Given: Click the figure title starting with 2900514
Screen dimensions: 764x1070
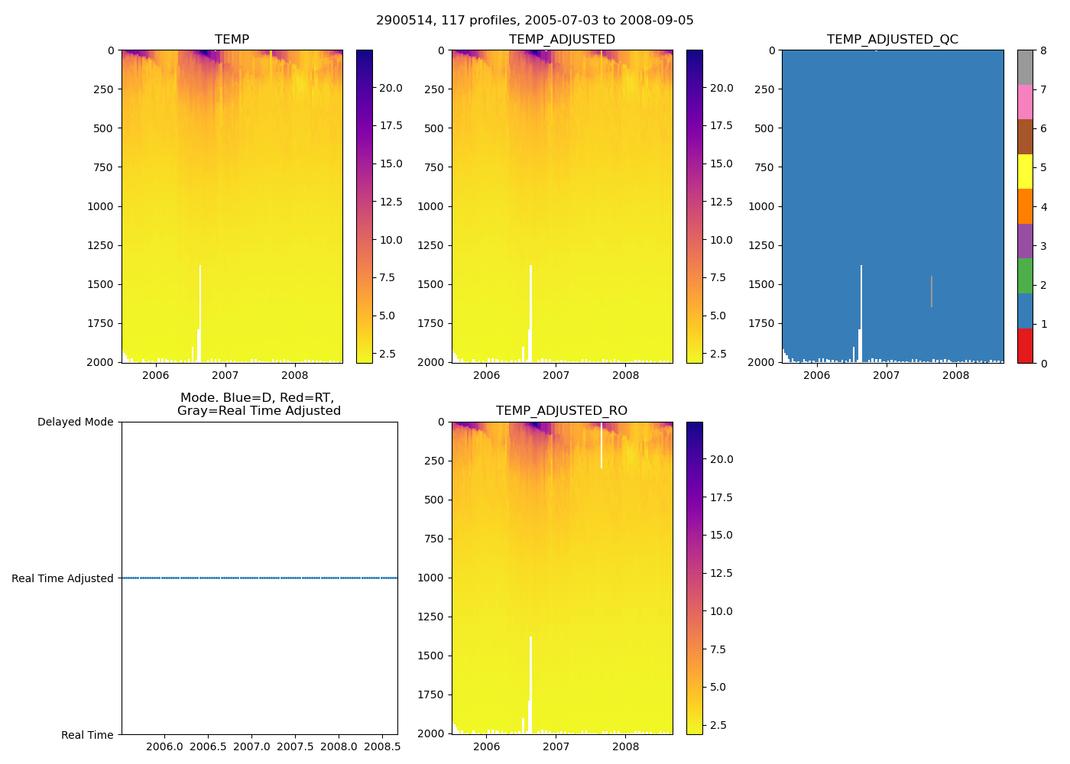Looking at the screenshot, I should coord(534,21).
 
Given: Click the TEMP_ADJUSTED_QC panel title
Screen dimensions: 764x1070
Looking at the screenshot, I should coord(892,40).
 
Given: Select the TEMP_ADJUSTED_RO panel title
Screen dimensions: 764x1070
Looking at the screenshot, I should coord(561,411).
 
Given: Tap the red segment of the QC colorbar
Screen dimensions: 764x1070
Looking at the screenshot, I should coord(1025,345).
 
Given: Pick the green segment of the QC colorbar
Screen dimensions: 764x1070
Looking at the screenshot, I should coord(1025,276).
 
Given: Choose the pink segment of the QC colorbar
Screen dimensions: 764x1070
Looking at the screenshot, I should coord(1025,102).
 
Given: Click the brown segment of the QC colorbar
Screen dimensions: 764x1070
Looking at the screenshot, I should coord(1025,137).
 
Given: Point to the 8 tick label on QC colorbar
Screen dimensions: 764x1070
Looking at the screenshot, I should coord(1043,51).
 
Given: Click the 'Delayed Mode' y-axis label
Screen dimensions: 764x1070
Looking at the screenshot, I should coord(75,422).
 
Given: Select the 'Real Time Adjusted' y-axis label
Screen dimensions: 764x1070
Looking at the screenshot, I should coord(63,579).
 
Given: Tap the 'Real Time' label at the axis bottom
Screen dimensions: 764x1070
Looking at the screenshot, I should coord(87,735).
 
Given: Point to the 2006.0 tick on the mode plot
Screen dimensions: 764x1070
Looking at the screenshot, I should coord(165,746).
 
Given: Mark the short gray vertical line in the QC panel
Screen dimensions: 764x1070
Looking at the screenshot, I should coord(931,291).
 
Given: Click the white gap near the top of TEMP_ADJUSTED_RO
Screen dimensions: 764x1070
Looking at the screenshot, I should coord(601,447).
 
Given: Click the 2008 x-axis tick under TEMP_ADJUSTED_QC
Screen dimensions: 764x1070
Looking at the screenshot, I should coord(955,375).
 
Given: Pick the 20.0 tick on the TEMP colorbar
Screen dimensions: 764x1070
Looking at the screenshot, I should coord(391,88).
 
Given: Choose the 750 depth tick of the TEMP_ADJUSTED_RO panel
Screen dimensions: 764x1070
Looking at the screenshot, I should coord(433,539).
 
